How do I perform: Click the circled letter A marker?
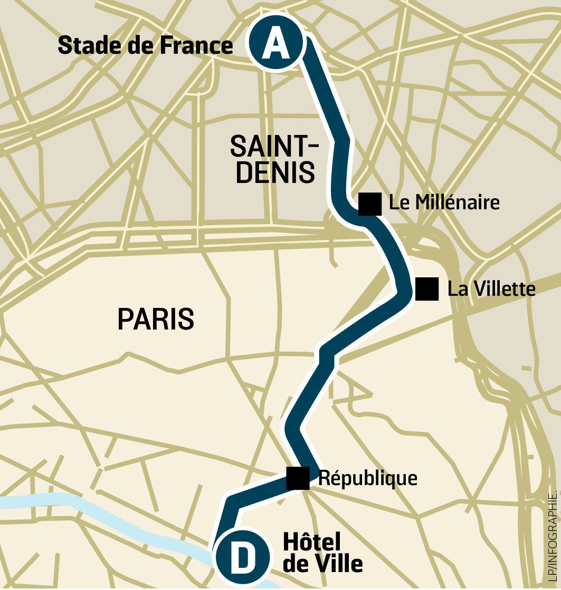(276, 45)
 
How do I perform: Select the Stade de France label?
(145, 46)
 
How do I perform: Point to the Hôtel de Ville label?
(322, 553)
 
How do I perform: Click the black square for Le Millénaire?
(369, 204)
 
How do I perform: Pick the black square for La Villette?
(427, 289)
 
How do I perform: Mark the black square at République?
(298, 478)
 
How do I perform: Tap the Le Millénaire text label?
(444, 202)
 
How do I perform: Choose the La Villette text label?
(491, 289)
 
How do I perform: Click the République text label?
(368, 478)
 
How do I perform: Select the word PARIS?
(156, 319)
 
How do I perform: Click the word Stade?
(86, 46)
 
